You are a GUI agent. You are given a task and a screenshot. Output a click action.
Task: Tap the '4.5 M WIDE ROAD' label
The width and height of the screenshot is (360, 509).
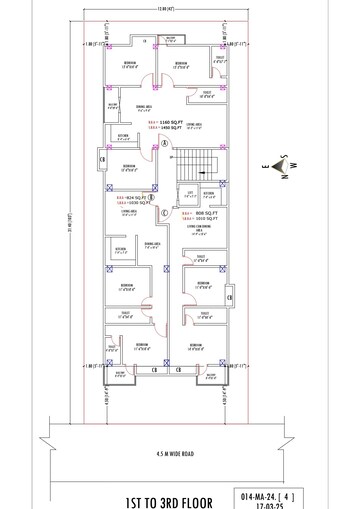pyautogui.click(x=174, y=453)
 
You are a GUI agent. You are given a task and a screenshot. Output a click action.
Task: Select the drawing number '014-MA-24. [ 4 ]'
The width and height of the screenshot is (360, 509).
pyautogui.click(x=268, y=493)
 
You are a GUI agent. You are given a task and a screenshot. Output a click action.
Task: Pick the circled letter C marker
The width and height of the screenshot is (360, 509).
pyautogui.click(x=164, y=212)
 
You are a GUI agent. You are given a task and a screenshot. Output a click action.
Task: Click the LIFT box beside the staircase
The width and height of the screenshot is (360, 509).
pyautogui.click(x=188, y=195)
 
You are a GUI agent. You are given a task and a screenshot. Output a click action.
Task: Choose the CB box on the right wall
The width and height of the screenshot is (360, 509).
pyautogui.click(x=230, y=297)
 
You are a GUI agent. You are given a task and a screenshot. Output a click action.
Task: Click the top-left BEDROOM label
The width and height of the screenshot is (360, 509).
pyautogui.click(x=130, y=64)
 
